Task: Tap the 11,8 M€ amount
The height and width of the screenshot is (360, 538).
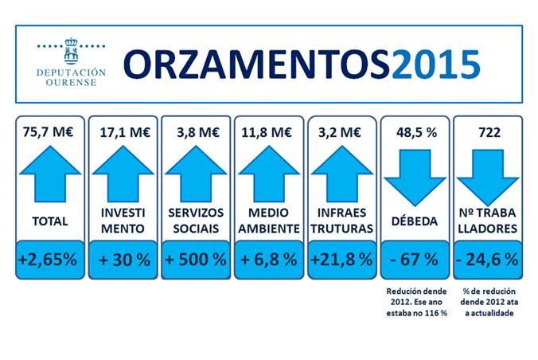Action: pyautogui.click(x=268, y=132)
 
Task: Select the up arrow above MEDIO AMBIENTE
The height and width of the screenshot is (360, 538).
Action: pyautogui.click(x=268, y=172)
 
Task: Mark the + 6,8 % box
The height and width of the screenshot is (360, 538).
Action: pyautogui.click(x=268, y=259)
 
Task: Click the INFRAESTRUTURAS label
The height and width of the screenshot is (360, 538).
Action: pyautogui.click(x=341, y=221)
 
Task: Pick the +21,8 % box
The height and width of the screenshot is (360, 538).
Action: pyautogui.click(x=341, y=259)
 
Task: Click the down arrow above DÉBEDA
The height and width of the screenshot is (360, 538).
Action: pyautogui.click(x=414, y=172)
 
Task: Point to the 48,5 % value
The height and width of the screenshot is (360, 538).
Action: pyautogui.click(x=414, y=132)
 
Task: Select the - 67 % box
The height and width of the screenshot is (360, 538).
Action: pyautogui.click(x=414, y=259)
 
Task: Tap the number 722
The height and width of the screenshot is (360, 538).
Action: pyautogui.click(x=486, y=132)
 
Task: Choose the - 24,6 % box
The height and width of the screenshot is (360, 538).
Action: pyautogui.click(x=486, y=259)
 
